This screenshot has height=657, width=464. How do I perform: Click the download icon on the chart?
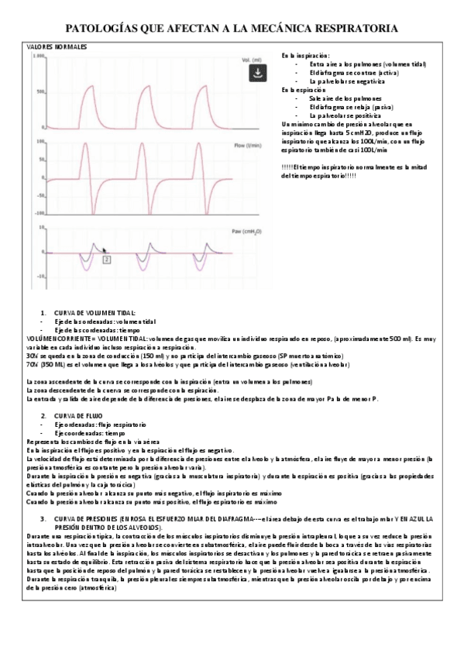[256, 73]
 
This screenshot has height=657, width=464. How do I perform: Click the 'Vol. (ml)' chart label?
[252, 60]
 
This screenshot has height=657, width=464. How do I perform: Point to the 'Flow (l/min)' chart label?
[253, 144]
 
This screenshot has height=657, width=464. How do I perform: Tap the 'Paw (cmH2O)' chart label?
[253, 230]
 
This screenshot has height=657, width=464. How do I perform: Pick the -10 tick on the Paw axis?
[41, 275]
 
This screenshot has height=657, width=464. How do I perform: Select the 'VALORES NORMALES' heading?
[57, 47]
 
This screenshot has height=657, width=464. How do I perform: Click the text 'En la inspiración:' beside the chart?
[305, 56]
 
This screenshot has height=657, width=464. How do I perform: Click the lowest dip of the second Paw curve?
[143, 268]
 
